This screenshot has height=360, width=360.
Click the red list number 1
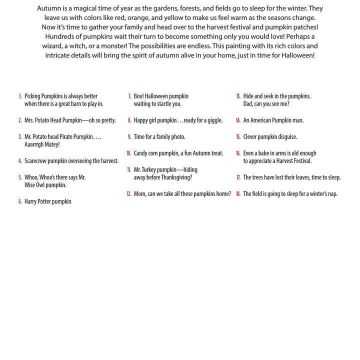pos(20,96)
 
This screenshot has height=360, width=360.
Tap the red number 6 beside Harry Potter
pos(20,201)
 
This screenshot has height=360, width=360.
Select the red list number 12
pos(128,194)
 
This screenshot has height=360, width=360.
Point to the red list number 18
pos(238,194)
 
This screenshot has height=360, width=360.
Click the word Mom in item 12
pos(139,194)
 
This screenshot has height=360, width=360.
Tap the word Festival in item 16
pos(300,161)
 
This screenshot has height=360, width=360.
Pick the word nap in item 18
pos(331,194)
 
